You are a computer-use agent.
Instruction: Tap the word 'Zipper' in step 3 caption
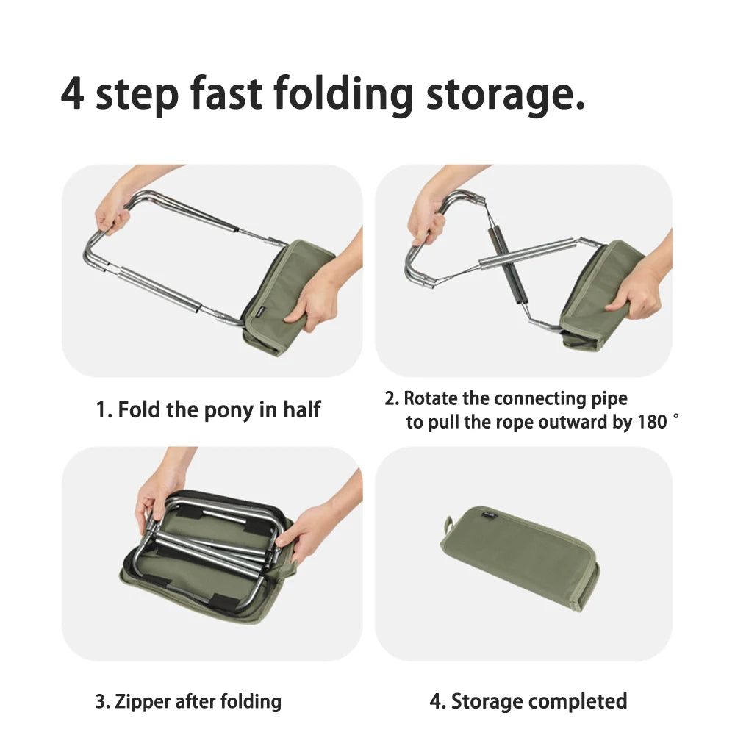click(142, 701)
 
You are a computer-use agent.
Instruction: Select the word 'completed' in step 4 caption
click(581, 701)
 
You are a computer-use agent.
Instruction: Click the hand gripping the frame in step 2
click(426, 217)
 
